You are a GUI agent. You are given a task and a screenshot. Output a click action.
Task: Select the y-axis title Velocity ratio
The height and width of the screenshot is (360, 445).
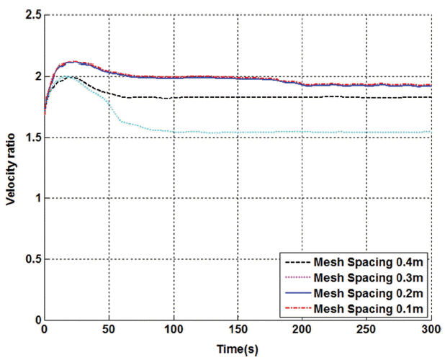click(x=11, y=168)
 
